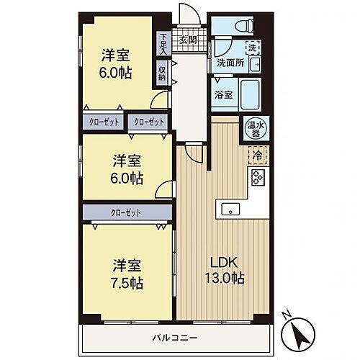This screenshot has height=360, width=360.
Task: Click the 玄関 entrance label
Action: point(188,40)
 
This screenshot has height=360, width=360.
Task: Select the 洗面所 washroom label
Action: point(230,62)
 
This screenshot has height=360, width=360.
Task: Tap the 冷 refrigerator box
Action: point(256,153)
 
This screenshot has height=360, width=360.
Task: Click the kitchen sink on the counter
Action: point(230,210)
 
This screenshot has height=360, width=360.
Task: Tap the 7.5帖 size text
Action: point(127,282)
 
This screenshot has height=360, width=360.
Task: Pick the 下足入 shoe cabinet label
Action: point(163,44)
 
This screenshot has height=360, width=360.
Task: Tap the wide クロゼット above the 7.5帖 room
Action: point(127,212)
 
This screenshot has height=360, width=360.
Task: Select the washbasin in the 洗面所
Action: point(220,48)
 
